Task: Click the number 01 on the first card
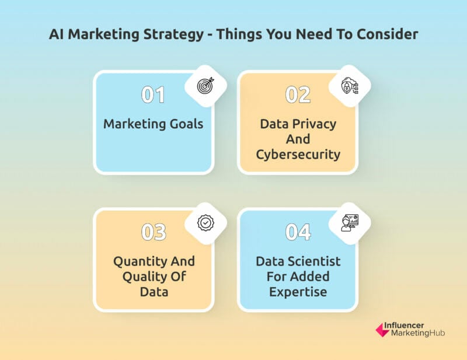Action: point(153,95)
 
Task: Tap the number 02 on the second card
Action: point(298,95)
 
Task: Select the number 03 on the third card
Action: point(154,232)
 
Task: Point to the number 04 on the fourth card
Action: point(298,232)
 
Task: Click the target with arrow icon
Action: point(205,85)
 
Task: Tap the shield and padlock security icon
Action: point(350,86)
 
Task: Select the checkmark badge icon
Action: point(205,222)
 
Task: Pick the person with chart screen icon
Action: point(350,223)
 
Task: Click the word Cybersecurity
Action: point(298,155)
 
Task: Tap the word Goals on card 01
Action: point(186,124)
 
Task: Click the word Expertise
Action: point(298,292)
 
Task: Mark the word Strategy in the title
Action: point(173,34)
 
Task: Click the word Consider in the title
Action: point(388,34)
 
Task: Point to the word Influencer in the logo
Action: point(403,326)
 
